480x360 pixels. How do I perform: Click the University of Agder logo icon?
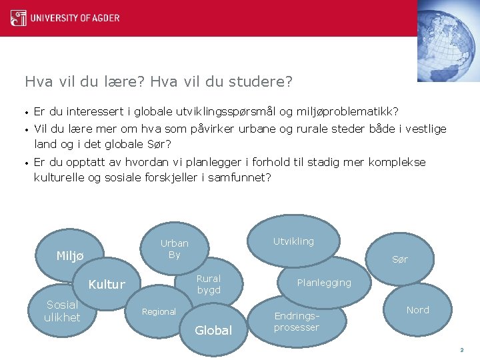[x=19, y=17]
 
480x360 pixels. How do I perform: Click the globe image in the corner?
[x=448, y=40]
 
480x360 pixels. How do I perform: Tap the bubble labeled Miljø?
[x=70, y=256]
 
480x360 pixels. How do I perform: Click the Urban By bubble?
[x=174, y=249]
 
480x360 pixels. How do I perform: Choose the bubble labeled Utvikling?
[x=293, y=241]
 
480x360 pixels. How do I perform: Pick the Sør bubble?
[x=400, y=259]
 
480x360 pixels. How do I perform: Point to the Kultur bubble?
[x=107, y=285]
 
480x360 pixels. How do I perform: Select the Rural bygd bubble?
[x=208, y=284]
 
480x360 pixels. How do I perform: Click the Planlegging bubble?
[x=324, y=283]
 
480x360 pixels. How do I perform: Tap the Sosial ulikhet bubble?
[x=62, y=311]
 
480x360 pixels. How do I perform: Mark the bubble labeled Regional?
[x=159, y=312]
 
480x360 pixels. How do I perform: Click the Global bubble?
[x=213, y=330]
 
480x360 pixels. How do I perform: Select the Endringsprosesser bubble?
[x=297, y=321]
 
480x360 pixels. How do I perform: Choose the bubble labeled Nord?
[x=418, y=310]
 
